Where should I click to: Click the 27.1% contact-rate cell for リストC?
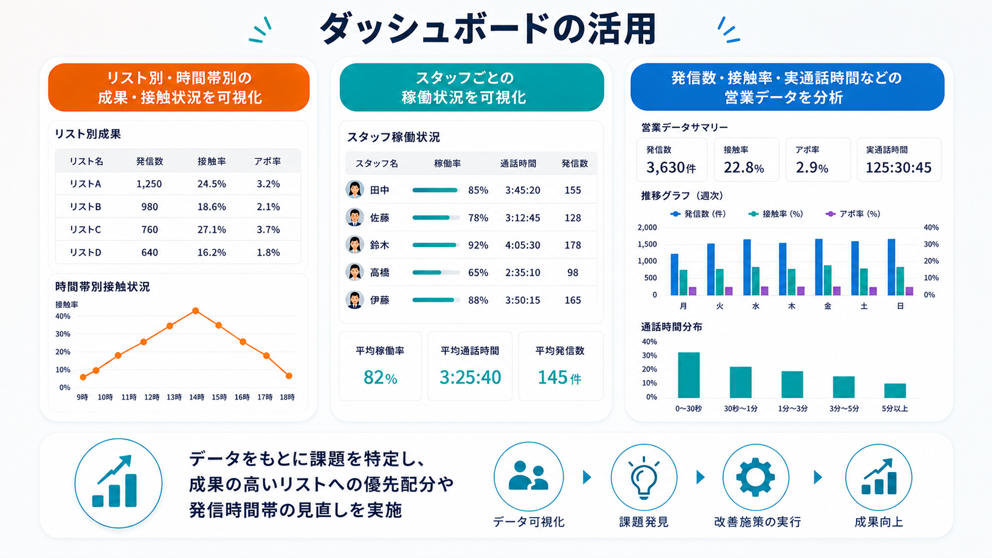click(212, 229)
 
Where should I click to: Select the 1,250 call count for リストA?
click(150, 184)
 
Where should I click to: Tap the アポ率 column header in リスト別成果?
click(268, 161)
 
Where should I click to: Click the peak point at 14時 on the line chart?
click(196, 311)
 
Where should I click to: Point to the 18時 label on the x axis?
click(287, 397)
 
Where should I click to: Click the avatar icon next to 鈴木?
click(355, 245)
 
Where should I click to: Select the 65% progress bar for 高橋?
click(436, 273)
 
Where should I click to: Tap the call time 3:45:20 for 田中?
click(523, 190)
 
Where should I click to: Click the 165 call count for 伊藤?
click(573, 300)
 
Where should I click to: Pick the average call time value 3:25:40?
click(470, 377)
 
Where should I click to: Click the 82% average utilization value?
click(380, 378)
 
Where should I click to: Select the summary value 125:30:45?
click(899, 168)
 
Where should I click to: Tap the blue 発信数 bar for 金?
click(819, 267)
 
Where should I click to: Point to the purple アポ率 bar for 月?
click(692, 291)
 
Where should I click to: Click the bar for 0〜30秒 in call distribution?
click(689, 375)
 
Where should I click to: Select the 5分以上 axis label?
click(895, 409)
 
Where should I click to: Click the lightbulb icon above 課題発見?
click(644, 477)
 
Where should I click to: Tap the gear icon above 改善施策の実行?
click(755, 477)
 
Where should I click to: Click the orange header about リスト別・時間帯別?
click(179, 87)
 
